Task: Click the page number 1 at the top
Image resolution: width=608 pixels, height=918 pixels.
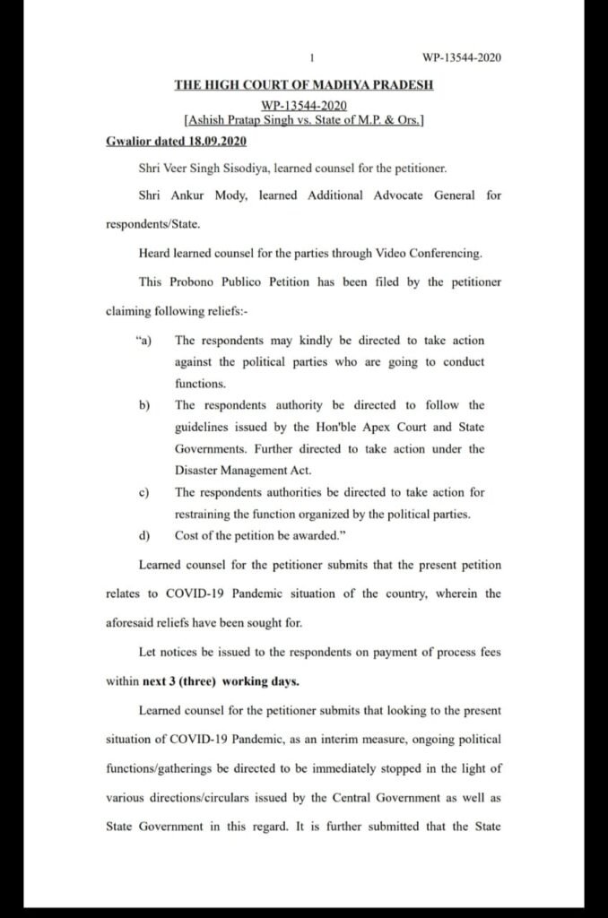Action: [x=311, y=58]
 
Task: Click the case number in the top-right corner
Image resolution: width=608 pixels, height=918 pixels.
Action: [x=461, y=58]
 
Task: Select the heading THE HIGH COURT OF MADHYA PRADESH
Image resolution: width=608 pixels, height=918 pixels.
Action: [x=304, y=85]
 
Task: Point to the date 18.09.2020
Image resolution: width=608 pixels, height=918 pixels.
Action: [x=215, y=143]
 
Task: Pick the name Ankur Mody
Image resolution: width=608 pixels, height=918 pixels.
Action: [x=198, y=195]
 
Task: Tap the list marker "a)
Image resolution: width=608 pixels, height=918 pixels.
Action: [x=142, y=341]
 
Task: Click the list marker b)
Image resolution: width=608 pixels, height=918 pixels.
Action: [x=144, y=405]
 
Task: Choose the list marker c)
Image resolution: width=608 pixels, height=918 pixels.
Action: [x=143, y=492]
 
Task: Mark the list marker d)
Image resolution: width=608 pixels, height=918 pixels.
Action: [x=144, y=535]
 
